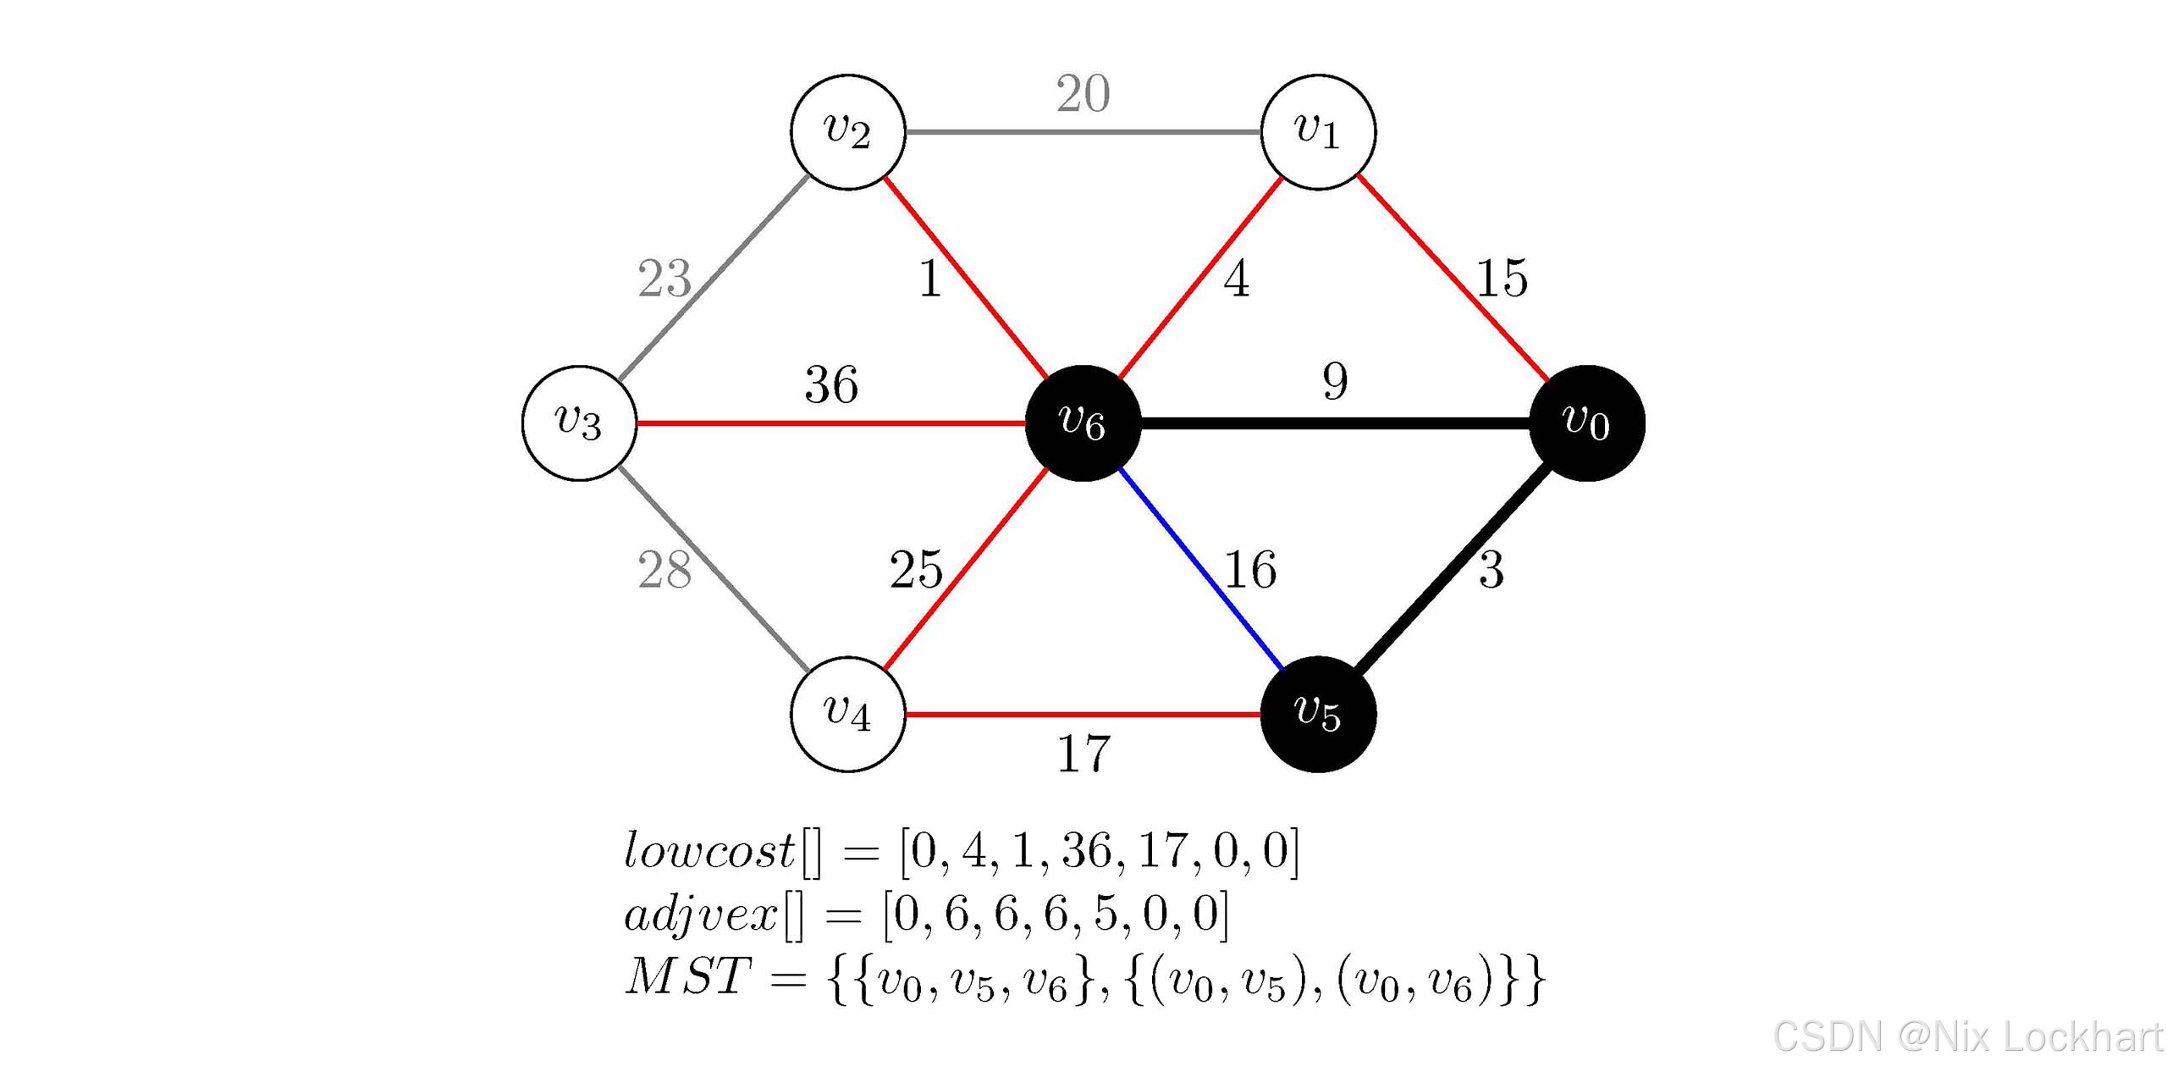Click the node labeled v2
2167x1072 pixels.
[x=847, y=132]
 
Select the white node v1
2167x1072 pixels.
[x=1318, y=132]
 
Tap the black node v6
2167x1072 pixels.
[x=1083, y=423]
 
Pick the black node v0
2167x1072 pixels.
[x=1587, y=423]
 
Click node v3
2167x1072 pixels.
[x=579, y=423]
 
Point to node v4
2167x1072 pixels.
[x=847, y=714]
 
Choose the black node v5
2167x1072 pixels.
[x=1318, y=714]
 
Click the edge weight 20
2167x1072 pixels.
[x=1083, y=93]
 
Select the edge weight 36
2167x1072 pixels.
[x=831, y=384]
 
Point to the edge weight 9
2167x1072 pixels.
[x=1335, y=381]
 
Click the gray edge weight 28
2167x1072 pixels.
[x=664, y=569]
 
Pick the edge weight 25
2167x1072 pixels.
[x=916, y=569]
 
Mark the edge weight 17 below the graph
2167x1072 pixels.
[x=1083, y=754]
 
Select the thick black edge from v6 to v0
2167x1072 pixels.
[x=1335, y=423]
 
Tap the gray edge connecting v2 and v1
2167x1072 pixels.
[x=1083, y=132]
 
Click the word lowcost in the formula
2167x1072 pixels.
[x=709, y=850]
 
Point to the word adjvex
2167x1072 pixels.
[x=701, y=915]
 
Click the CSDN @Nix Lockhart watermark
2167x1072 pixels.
[x=1967, y=1036]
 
